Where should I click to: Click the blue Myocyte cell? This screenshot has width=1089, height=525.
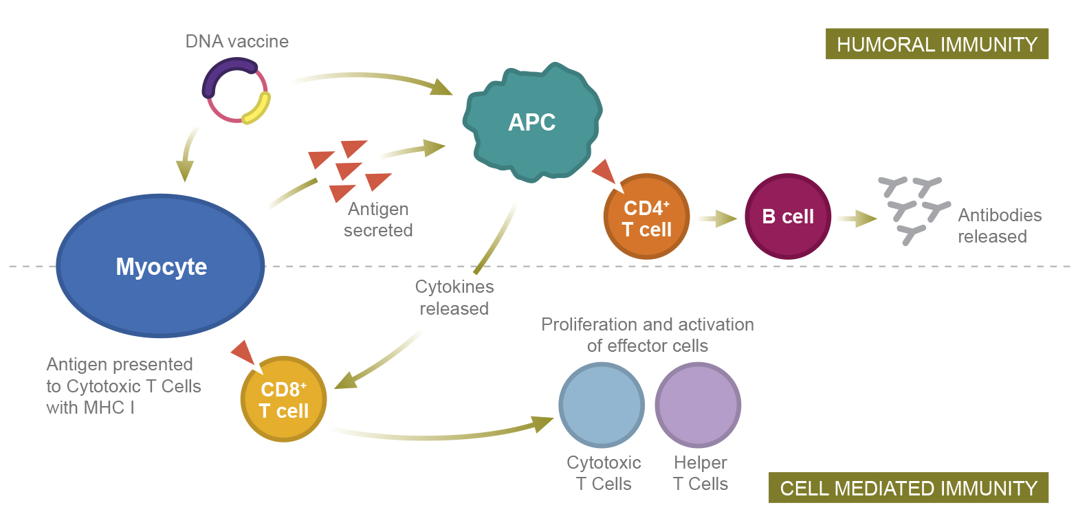pyautogui.click(x=160, y=266)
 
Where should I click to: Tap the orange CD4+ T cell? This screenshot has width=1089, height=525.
pyautogui.click(x=646, y=217)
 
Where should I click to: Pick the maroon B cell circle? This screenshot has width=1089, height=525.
pyautogui.click(x=788, y=216)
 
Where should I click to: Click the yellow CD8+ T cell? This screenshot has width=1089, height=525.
pyautogui.click(x=283, y=399)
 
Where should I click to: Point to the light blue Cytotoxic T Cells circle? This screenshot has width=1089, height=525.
pyautogui.click(x=602, y=405)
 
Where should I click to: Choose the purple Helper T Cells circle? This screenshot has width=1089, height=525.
pyautogui.click(x=698, y=405)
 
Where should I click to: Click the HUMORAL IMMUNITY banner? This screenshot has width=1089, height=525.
pyautogui.click(x=936, y=44)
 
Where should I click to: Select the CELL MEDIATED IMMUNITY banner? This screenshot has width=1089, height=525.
pyautogui.click(x=908, y=488)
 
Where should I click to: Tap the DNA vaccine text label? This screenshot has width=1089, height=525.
pyautogui.click(x=237, y=41)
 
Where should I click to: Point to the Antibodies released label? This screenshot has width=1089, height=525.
pyautogui.click(x=1000, y=225)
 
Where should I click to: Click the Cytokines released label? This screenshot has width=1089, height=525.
pyautogui.click(x=454, y=298)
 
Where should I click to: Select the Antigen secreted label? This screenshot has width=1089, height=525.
pyautogui.click(x=378, y=219)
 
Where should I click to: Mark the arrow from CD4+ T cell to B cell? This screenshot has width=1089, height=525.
pyautogui.click(x=717, y=219)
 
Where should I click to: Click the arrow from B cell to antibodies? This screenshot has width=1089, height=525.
pyautogui.click(x=857, y=219)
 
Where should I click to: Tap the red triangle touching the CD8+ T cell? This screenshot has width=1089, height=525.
pyautogui.click(x=243, y=351)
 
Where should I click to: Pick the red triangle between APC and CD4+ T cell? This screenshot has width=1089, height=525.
pyautogui.click(x=604, y=170)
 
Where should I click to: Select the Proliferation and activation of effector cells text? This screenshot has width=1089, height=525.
pyautogui.click(x=647, y=335)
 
